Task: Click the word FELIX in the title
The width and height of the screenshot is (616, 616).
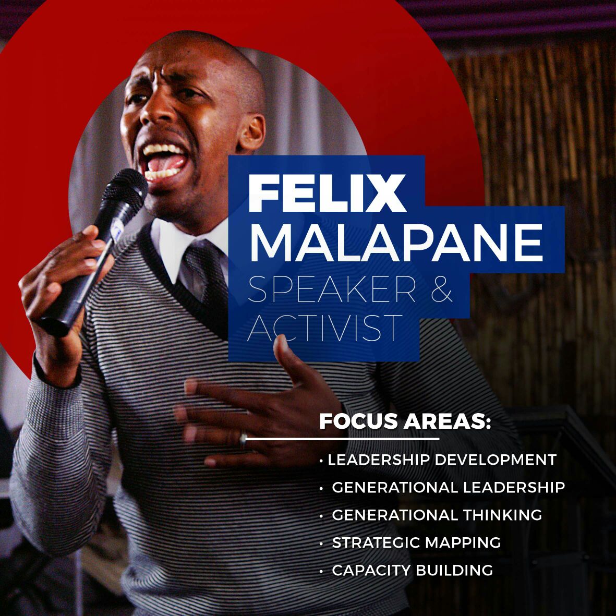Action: [x=327, y=192]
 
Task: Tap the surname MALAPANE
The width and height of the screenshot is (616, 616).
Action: [x=396, y=243]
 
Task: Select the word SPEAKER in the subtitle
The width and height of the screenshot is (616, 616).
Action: [x=332, y=289]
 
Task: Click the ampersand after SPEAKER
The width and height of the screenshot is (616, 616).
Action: [x=442, y=289]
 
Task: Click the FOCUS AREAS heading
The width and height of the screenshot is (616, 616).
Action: [x=405, y=421]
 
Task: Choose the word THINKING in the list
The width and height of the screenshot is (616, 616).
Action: [x=502, y=515]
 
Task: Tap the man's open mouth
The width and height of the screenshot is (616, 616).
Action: [x=164, y=162]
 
